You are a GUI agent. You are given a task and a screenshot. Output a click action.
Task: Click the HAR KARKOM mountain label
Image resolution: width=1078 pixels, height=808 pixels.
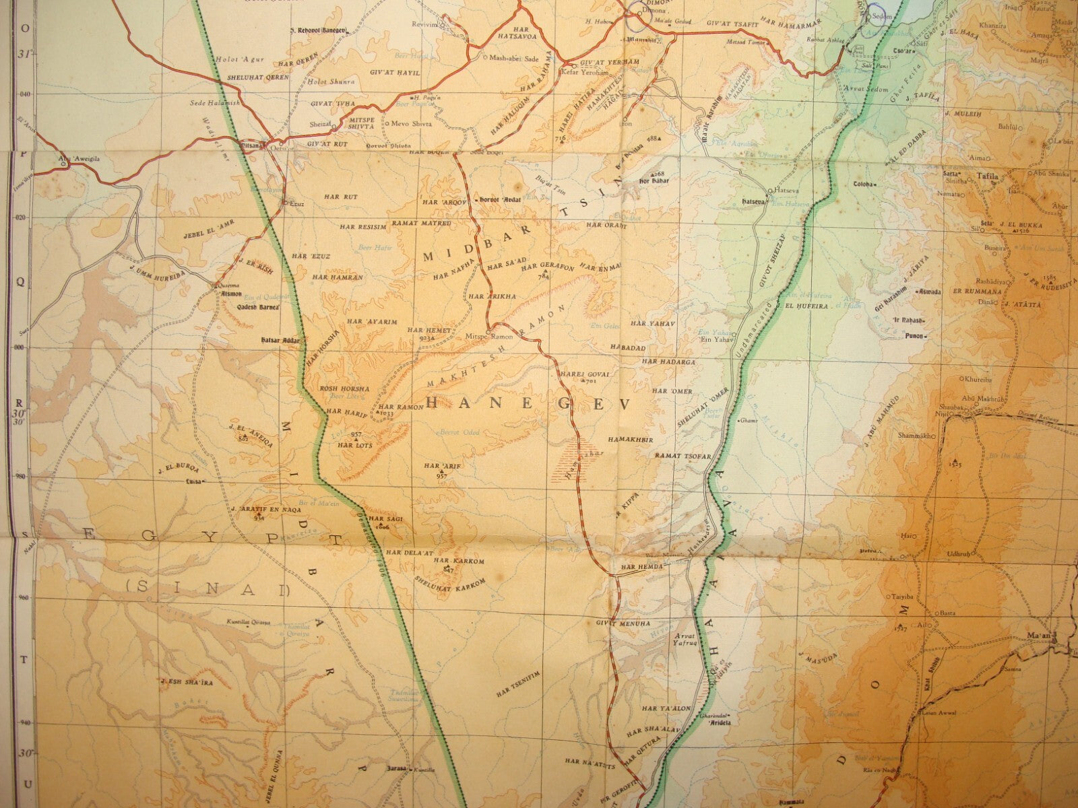pyautogui.click(x=451, y=560)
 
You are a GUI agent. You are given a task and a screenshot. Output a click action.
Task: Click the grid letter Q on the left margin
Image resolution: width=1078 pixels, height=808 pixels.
pyautogui.click(x=20, y=283)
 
